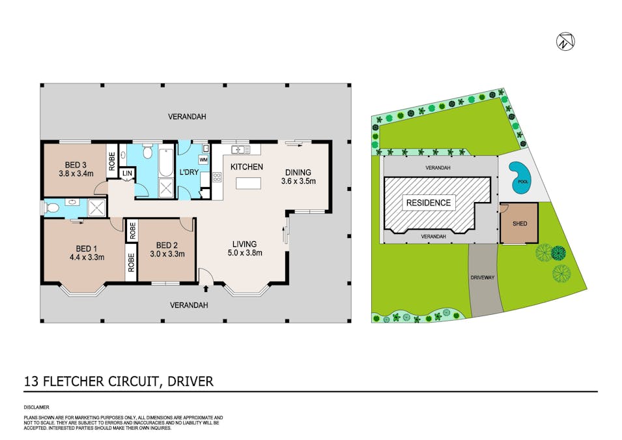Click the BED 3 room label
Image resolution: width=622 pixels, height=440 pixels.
[76, 164]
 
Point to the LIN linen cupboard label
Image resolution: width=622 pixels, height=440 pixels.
[126, 173]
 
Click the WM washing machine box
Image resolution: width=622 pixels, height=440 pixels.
[203, 160]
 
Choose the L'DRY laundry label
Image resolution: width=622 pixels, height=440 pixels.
[188, 172]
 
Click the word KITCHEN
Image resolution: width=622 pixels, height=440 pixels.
[247, 167]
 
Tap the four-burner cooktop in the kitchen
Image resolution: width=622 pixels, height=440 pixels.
[217, 177]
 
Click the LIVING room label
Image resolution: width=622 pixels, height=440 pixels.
[245, 243]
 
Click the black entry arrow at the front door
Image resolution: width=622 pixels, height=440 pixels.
[207, 287]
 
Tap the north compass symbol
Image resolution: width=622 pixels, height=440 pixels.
[564, 42]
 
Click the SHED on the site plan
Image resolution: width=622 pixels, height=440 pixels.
[520, 224]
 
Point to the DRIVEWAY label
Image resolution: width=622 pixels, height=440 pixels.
[484, 277]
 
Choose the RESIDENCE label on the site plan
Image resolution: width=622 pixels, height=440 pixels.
[429, 203]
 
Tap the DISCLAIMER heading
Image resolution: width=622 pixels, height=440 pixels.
[36, 406]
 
